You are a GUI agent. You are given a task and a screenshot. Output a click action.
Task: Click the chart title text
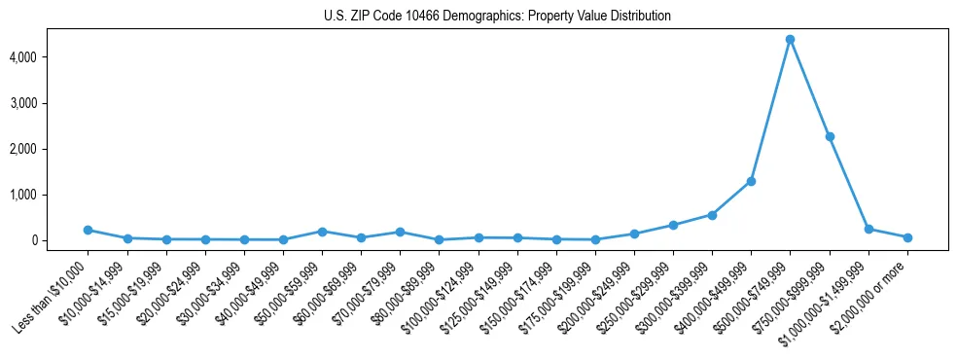pyautogui.click(x=497, y=17)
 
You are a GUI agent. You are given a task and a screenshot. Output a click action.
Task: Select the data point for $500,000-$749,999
pyautogui.click(x=790, y=39)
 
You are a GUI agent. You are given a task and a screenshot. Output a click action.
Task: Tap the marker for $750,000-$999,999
pyautogui.click(x=830, y=136)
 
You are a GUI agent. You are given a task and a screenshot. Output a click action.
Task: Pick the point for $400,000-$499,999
pyautogui.click(x=751, y=181)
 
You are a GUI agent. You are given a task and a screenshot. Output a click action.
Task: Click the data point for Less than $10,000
pyautogui.click(x=88, y=230)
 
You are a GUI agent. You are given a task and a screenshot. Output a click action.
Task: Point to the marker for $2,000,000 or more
pyautogui.click(x=907, y=237)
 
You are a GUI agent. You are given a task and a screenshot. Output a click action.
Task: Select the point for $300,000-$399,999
pyautogui.click(x=712, y=215)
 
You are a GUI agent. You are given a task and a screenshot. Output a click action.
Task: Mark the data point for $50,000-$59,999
pyautogui.click(x=322, y=232)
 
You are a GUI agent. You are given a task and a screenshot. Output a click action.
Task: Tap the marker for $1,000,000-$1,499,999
pyautogui.click(x=868, y=229)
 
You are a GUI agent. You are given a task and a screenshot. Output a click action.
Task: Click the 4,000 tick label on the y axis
pyautogui.click(x=50, y=57)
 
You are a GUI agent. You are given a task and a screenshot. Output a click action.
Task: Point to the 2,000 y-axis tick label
pyautogui.click(x=50, y=149)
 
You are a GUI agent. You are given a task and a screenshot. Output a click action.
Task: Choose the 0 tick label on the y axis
pyautogui.click(x=59, y=240)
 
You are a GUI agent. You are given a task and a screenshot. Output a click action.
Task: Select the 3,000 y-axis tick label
pyautogui.click(x=50, y=103)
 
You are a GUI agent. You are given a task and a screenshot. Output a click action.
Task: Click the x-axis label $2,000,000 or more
pyautogui.click(x=870, y=292)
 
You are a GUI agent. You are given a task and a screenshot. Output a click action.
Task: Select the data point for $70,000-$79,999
pyautogui.click(x=400, y=232)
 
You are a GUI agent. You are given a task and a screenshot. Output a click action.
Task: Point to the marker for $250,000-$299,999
pyautogui.click(x=673, y=225)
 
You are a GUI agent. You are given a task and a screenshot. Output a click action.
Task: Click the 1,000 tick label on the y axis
pyautogui.click(x=50, y=195)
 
